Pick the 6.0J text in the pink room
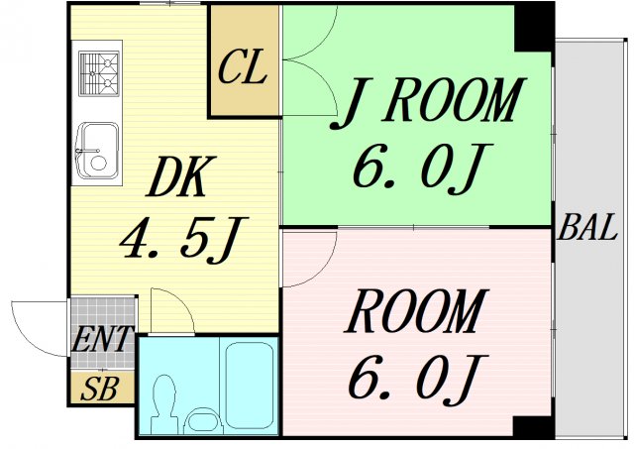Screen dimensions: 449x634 (416, 375)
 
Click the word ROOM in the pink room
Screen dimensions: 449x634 (416, 313)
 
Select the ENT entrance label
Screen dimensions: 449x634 (102, 340)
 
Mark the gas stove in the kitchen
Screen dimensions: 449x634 (99, 70)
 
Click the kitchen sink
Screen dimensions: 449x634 (98, 150)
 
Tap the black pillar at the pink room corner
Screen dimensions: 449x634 (533, 427)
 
